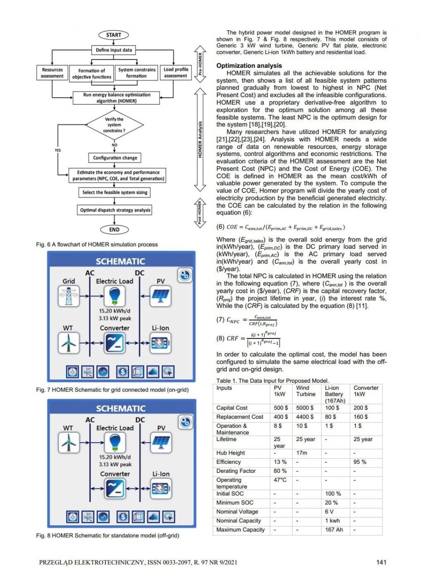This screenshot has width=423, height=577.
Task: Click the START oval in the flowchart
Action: pos(114,35)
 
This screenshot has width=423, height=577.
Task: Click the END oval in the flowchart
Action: pos(114,229)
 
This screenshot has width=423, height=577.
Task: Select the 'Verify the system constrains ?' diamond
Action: pos(114,125)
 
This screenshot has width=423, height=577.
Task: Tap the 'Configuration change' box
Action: pos(115,158)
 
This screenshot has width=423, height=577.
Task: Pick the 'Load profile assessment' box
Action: pos(176,73)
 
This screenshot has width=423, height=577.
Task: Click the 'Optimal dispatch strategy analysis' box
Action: pos(115,210)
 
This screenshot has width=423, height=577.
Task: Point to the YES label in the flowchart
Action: pos(57,150)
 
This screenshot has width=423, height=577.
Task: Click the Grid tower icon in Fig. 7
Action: pos(69,296)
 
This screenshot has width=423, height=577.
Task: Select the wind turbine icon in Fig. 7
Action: pos(69,343)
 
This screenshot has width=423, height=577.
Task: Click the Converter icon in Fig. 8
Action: pos(115,488)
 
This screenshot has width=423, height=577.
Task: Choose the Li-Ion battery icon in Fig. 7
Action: pos(160,343)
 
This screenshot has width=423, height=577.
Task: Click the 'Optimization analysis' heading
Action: pos(249,66)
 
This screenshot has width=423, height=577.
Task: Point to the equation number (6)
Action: pos(220,227)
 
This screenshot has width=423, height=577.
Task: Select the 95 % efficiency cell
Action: pos(360,462)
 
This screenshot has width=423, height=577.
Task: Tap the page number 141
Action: pos(381,562)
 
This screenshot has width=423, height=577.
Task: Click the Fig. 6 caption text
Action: pos(97,244)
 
